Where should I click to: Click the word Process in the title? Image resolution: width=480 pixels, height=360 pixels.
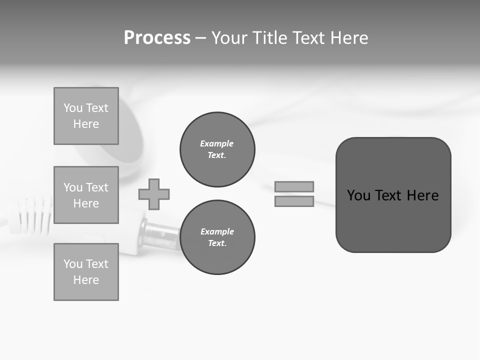(x=157, y=38)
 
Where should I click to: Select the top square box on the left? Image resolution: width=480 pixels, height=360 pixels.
(x=86, y=116)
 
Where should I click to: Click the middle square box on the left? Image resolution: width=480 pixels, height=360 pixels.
(x=86, y=195)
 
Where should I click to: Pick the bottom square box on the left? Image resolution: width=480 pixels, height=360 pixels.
(x=86, y=272)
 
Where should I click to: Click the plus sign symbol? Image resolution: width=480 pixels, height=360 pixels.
(x=154, y=194)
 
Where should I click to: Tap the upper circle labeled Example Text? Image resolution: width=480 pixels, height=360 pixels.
(x=217, y=149)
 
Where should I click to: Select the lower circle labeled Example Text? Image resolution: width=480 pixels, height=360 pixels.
(x=217, y=237)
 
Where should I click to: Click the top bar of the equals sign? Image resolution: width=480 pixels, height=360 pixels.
(x=294, y=186)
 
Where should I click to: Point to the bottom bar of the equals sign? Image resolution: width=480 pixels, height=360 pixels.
(x=294, y=201)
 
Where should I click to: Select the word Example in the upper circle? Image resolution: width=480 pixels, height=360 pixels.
(x=216, y=143)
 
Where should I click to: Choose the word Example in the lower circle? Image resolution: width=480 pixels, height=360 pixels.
(x=217, y=231)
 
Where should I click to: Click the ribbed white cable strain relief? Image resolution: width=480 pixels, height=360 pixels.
(x=30, y=215)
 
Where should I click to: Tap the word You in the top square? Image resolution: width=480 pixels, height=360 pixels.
(x=72, y=108)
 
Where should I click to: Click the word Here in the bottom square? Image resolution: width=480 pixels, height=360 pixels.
(x=86, y=280)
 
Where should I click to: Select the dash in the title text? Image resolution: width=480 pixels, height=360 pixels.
(x=200, y=38)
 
